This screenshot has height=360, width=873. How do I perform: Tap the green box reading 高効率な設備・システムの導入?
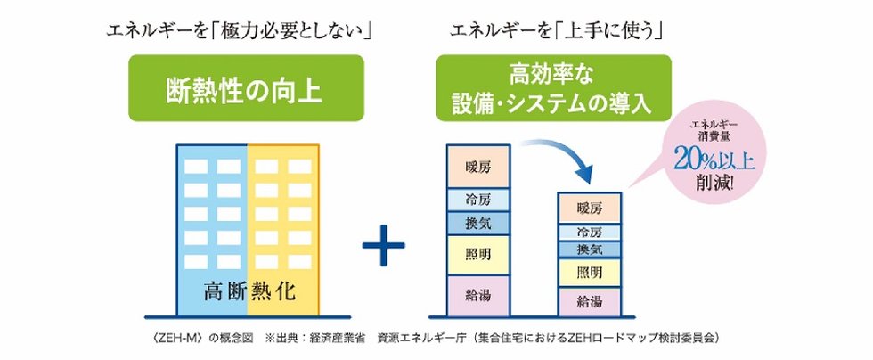552,90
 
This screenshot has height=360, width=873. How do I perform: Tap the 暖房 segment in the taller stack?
477,167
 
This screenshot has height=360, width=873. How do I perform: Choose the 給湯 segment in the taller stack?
477,293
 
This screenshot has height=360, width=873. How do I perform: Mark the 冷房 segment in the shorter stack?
590,233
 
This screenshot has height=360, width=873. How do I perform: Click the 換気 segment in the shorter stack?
590,249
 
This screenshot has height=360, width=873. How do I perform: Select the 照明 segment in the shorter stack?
590,272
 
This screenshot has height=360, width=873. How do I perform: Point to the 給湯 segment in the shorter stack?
590,300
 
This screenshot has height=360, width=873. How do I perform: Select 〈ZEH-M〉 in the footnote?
179,339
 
